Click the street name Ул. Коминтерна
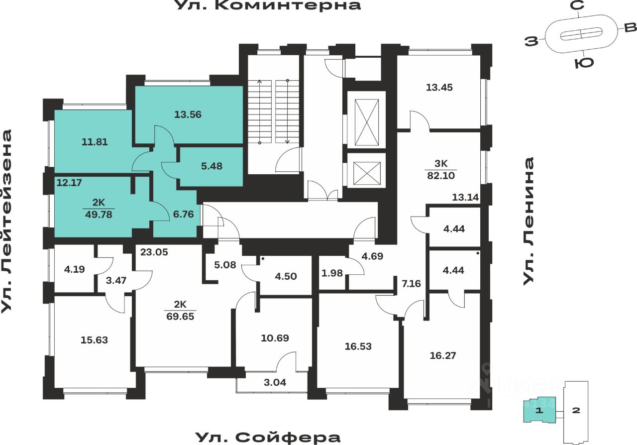point(268,6)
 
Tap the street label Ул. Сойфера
point(268,438)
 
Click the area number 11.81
point(95,142)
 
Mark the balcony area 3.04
point(275,383)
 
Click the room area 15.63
point(94,340)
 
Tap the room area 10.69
point(275,338)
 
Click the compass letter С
point(577,6)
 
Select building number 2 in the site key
point(576,411)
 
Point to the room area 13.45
point(439,88)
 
